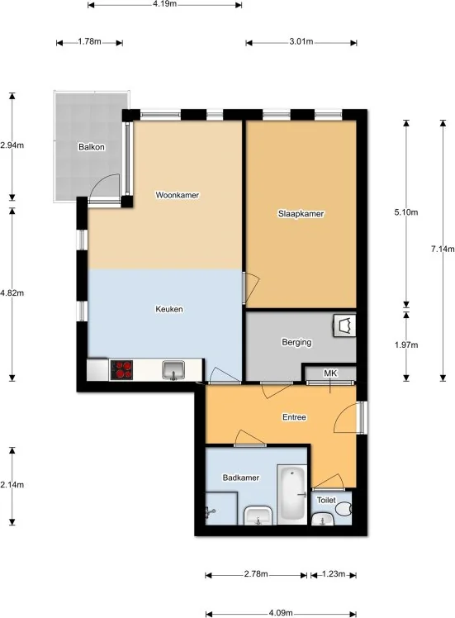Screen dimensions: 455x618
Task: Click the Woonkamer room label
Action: [178, 195]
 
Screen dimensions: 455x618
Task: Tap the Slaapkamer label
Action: [301, 214]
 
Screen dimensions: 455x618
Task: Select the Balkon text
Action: [92, 147]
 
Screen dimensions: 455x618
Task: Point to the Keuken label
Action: [169, 309]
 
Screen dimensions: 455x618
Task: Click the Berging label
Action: [296, 343]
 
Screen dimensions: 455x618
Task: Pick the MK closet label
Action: [330, 373]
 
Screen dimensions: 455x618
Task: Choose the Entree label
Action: [294, 417]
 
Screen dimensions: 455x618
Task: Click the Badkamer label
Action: [240, 478]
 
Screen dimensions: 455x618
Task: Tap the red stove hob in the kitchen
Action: [121, 370]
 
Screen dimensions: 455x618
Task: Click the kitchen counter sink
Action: [173, 370]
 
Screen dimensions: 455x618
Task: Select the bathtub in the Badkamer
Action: [291, 495]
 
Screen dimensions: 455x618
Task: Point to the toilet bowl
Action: [344, 509]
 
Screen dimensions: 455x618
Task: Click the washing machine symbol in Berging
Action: [344, 326]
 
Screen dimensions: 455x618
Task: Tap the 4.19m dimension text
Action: [164, 4]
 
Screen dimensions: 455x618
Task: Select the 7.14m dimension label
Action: [443, 249]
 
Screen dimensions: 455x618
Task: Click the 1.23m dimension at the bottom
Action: [334, 574]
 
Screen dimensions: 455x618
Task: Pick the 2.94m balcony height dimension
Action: [12, 145]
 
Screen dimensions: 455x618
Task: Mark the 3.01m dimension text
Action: [301, 41]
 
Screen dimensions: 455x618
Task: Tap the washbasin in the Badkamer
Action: [258, 516]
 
